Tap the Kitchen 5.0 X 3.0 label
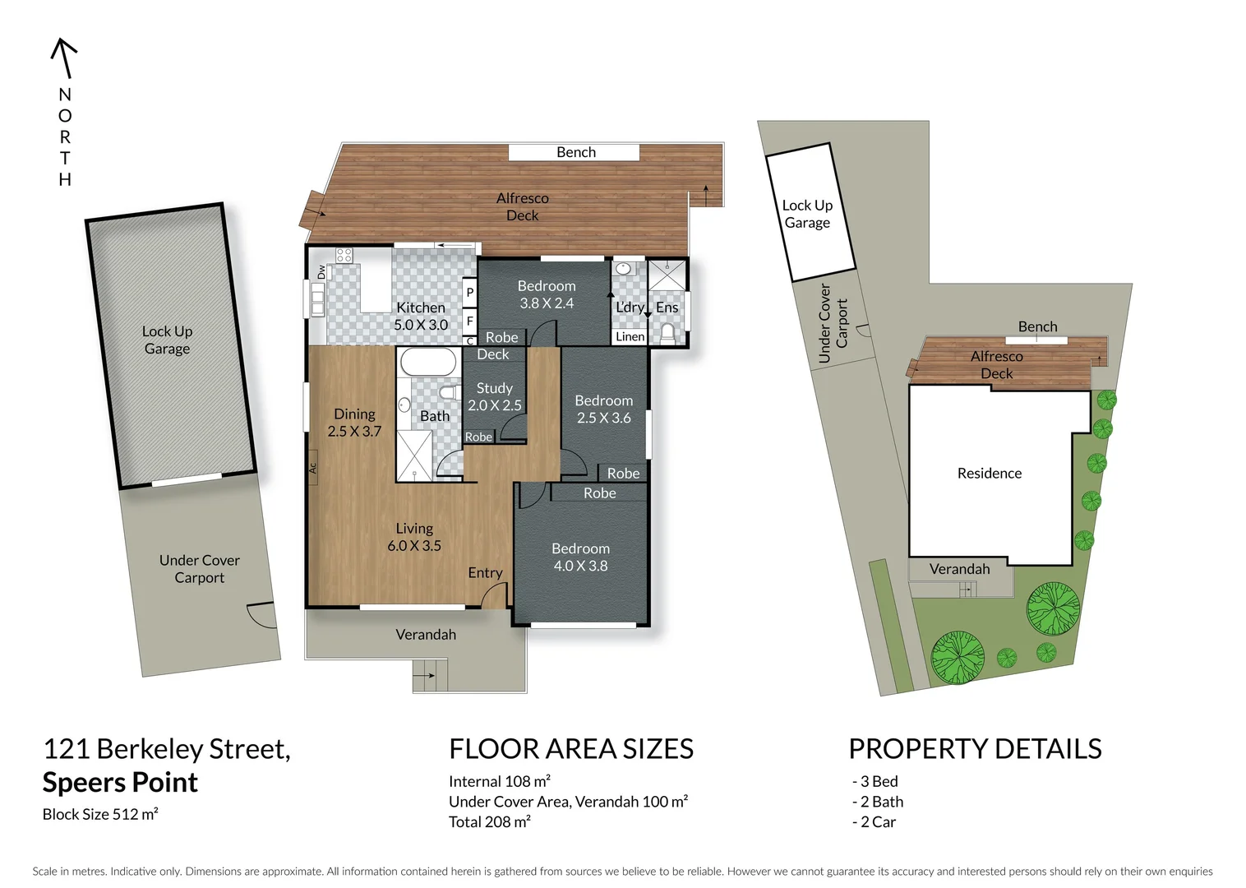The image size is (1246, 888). tap(421, 317)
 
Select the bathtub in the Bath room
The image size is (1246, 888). tap(428, 362)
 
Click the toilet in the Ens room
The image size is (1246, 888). tap(667, 333)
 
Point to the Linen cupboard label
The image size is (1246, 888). tap(630, 336)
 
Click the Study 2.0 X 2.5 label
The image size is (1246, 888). tap(494, 396)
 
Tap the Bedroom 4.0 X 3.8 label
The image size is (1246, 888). tap(580, 557)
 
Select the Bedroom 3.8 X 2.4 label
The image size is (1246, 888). tap(547, 294)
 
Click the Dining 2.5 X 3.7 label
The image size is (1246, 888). tap(354, 423)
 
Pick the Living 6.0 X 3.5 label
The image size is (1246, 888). tap(414, 537)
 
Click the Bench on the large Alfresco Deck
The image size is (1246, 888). tap(575, 152)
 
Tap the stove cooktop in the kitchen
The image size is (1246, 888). tap(344, 256)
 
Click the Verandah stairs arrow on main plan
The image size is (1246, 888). tap(425, 676)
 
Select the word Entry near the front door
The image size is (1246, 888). tap(485, 573)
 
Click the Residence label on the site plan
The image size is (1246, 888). tap(989, 474)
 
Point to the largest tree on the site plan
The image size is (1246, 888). tap(1053, 608)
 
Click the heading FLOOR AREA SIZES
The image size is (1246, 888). tap(570, 749)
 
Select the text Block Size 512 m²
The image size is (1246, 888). tap(100, 815)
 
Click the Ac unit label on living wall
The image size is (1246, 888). tap(312, 468)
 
